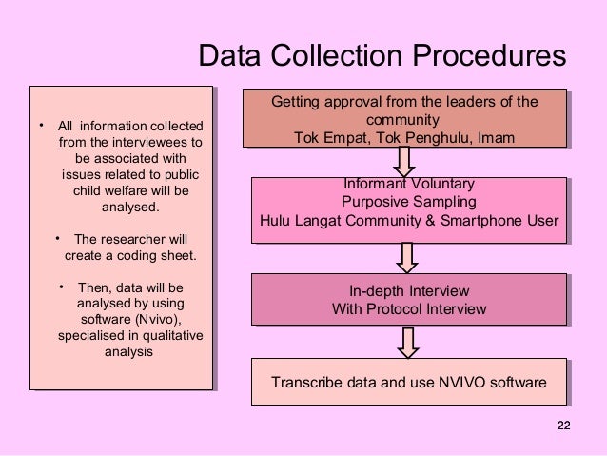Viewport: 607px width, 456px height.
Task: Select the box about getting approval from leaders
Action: coord(404,120)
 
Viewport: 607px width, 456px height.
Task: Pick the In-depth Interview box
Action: coord(409,300)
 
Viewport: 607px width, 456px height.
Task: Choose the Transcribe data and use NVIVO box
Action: coord(409,384)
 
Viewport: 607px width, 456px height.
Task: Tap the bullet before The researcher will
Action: coord(58,238)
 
